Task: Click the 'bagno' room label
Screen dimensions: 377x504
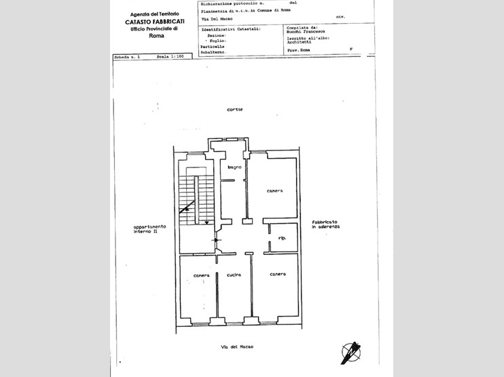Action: [235, 167]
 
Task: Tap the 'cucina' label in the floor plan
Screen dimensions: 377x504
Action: [235, 274]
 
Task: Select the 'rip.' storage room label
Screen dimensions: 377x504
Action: [281, 239]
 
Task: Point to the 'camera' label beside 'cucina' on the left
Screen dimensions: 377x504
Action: [201, 275]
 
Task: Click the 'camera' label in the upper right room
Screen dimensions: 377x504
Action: [274, 191]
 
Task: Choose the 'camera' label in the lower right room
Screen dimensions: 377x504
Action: [277, 274]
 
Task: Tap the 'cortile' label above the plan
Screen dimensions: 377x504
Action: [235, 109]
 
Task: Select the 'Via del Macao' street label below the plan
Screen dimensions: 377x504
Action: [237, 346]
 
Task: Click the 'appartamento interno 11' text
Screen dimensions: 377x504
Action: [145, 229]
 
